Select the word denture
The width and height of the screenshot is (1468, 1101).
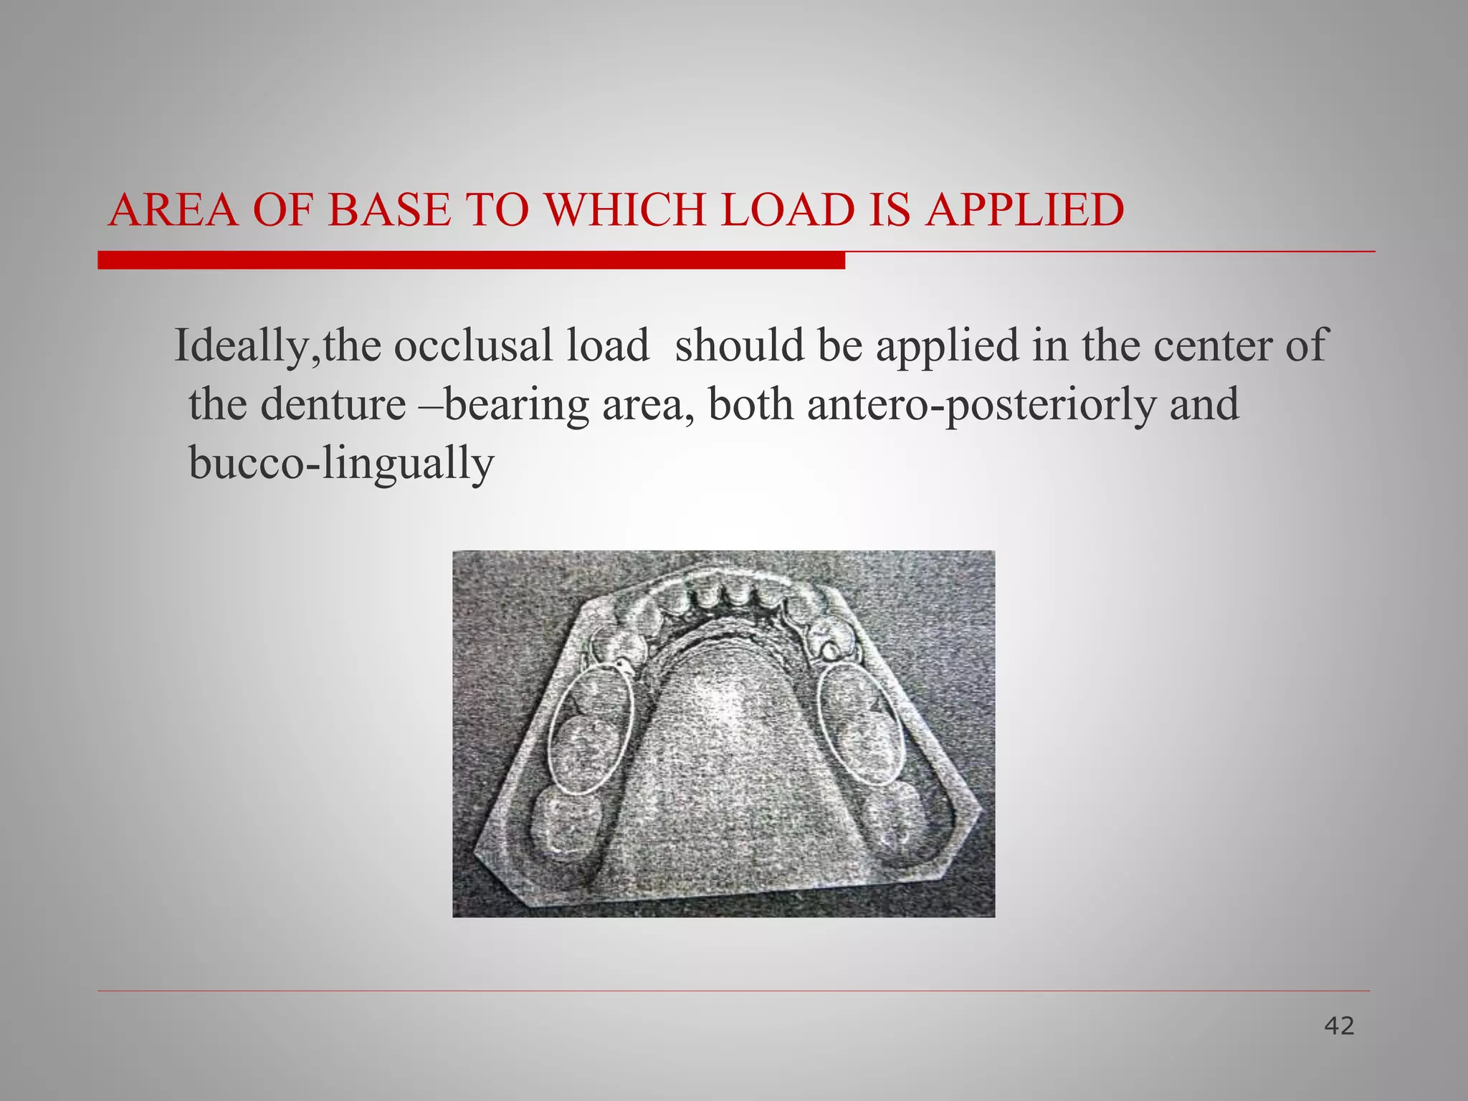tap(333, 404)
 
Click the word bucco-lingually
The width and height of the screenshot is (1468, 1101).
tap(341, 464)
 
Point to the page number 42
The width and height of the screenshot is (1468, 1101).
tap(1339, 1026)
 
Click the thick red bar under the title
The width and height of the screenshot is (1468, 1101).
tap(471, 260)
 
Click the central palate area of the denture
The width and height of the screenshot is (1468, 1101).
tap(724, 753)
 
